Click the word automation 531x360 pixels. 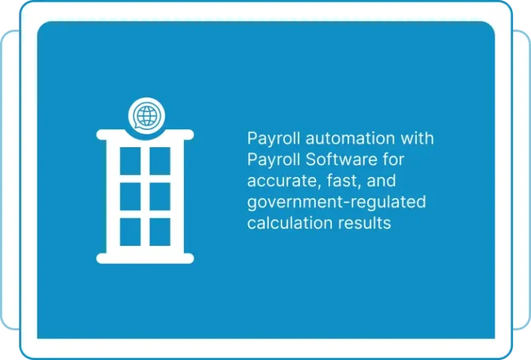(x=350, y=138)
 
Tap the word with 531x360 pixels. (x=417, y=138)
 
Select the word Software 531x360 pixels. (x=342, y=160)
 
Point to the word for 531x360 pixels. (x=393, y=160)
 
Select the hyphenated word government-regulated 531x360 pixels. (x=337, y=202)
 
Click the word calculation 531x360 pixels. (x=290, y=222)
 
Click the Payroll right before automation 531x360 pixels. (x=274, y=139)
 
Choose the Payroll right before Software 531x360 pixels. (x=274, y=160)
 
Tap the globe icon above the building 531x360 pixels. (x=147, y=115)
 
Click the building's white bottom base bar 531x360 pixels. (x=145, y=258)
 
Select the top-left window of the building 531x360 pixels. (x=131, y=161)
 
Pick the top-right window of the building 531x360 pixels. (x=160, y=161)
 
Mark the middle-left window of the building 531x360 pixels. (x=131, y=196)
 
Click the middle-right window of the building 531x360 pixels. (x=160, y=196)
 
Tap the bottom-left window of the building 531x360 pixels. (x=131, y=232)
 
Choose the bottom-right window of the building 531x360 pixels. (x=160, y=232)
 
